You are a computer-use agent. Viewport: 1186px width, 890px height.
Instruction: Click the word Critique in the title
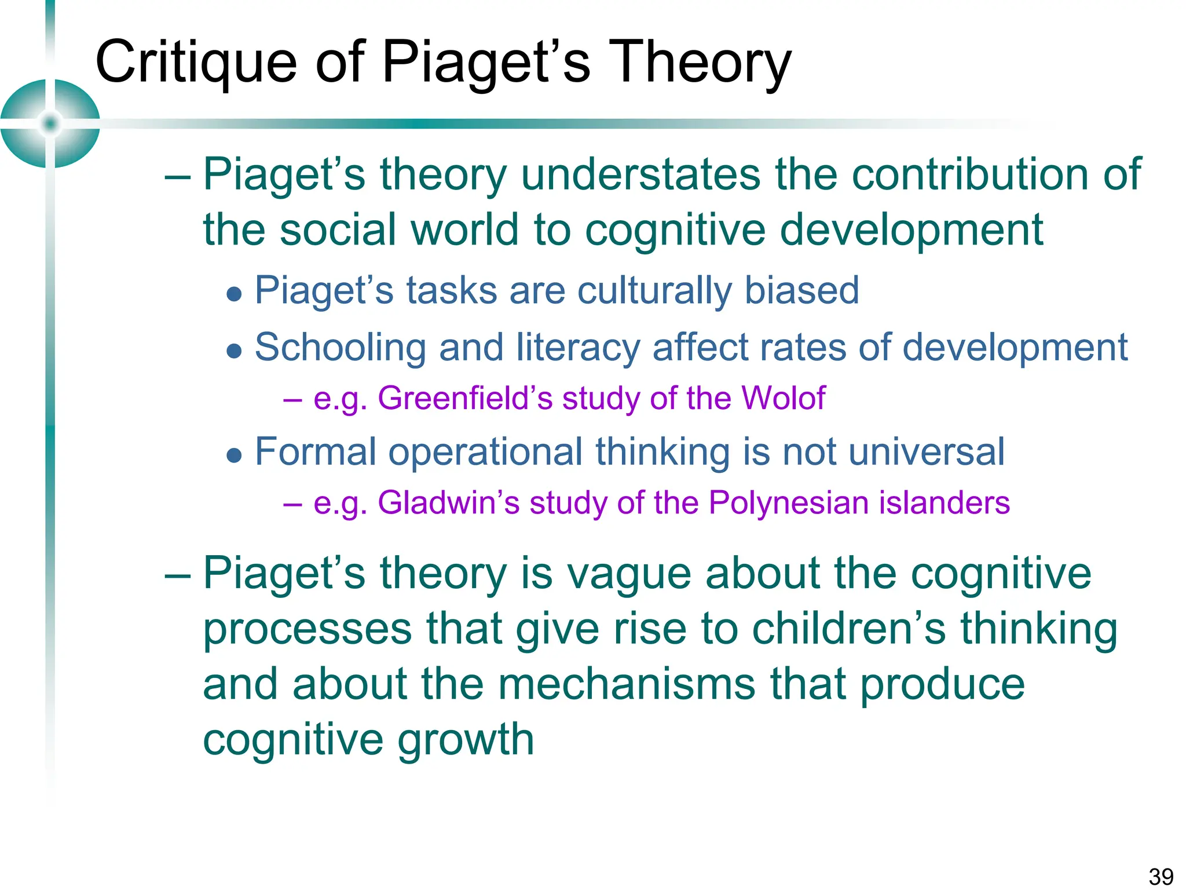click(x=196, y=63)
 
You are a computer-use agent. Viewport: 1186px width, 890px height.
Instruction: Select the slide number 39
click(x=1161, y=876)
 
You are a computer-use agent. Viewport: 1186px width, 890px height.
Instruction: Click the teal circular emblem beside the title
click(x=50, y=123)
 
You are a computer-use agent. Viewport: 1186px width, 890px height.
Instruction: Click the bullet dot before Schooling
click(x=234, y=351)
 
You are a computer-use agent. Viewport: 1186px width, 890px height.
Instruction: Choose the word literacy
click(x=578, y=348)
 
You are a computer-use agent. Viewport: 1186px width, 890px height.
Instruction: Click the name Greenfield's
click(x=465, y=399)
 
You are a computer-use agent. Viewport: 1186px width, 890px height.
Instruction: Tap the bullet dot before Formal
click(x=234, y=455)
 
